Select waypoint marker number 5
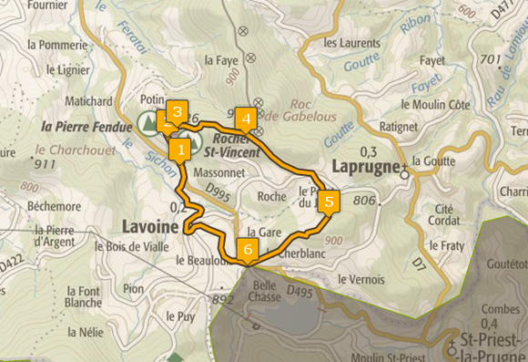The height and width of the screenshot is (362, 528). (330, 201)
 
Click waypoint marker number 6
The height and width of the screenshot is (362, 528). (246, 248)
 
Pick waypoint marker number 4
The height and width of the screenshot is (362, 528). (244, 119)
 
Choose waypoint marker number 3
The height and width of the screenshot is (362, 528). (177, 112)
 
